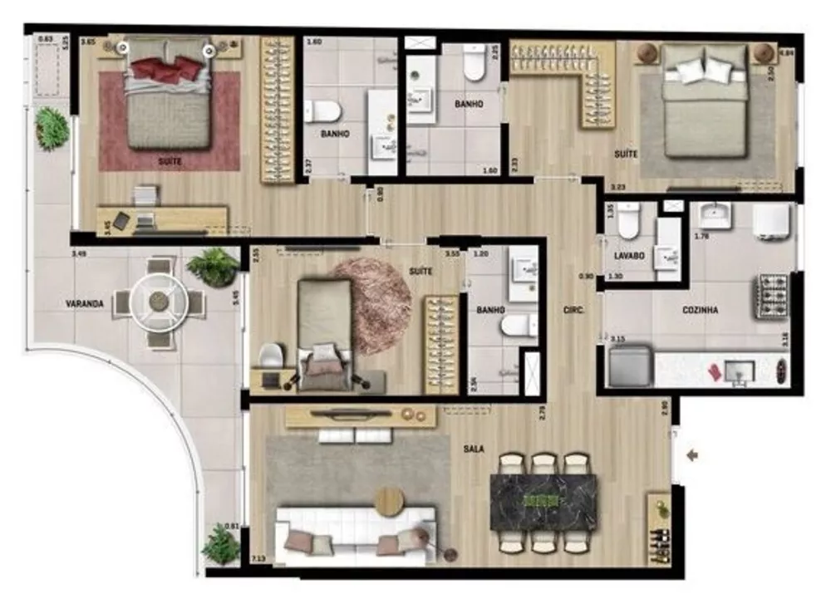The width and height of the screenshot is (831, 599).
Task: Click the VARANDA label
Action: pos(85,304)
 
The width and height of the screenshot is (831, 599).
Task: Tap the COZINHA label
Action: pos(701,310)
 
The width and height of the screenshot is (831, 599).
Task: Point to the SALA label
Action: pos(475,449)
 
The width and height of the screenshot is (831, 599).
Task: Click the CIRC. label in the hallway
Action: pos(573,310)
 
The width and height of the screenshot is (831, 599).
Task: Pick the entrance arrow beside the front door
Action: pos(692,454)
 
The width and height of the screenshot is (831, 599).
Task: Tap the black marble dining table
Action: pos(543,502)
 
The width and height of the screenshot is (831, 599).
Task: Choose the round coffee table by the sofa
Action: pos(389,501)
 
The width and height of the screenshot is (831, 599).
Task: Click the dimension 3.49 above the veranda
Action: pos(79,253)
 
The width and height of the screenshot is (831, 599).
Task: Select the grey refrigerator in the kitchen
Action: pos(629,366)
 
